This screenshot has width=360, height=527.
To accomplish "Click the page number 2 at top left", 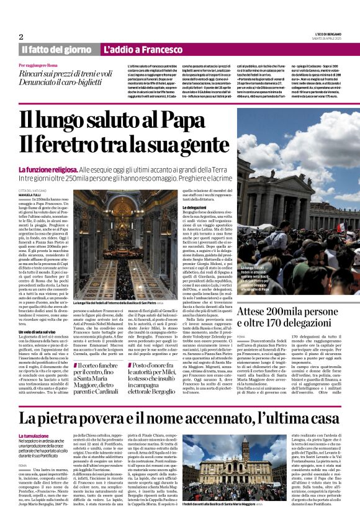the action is (21, 37).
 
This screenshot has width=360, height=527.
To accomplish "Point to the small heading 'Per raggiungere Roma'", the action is (38, 65).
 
